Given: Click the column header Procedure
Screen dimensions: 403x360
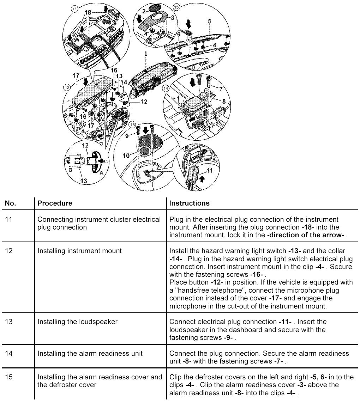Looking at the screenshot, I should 55,203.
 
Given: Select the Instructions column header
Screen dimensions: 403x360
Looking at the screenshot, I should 189,203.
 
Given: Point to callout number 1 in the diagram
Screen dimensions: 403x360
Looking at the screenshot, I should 145,54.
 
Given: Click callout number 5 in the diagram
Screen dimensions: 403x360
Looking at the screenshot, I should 210,22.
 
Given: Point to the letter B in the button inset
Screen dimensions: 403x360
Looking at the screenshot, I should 70,170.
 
